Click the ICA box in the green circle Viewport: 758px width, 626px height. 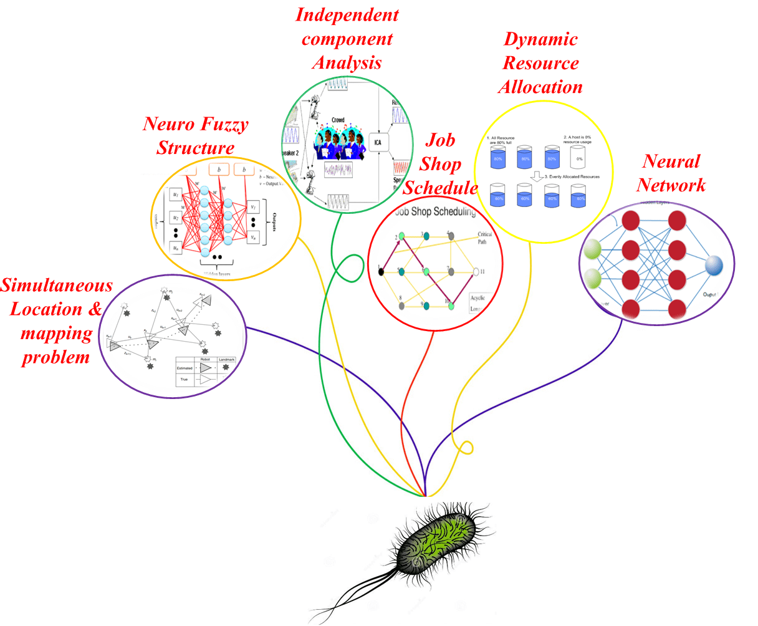pos(377,142)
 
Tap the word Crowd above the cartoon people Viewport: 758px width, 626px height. pos(338,120)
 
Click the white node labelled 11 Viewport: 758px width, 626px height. pos(476,272)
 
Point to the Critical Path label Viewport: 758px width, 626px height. pos(484,238)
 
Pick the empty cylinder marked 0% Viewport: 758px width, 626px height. pos(579,158)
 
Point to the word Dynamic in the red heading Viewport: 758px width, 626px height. pos(540,39)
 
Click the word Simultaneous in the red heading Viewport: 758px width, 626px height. pos(57,286)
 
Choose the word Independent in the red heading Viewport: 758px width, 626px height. pos(347,15)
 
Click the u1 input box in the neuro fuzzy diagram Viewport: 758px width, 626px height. pos(176,195)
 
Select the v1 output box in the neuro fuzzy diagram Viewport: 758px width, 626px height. pos(253,206)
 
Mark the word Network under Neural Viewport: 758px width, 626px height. pos(671,185)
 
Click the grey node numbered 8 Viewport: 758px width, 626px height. pos(402,306)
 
